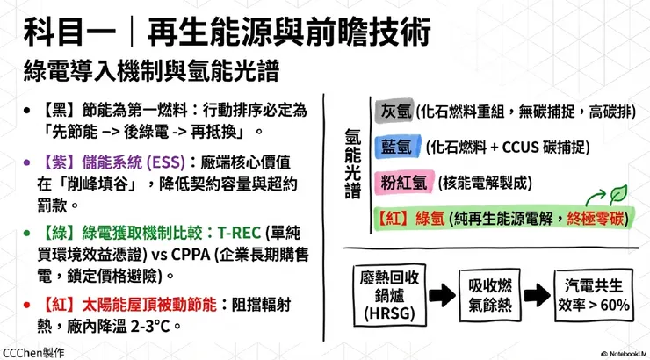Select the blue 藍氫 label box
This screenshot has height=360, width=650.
(395, 146)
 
